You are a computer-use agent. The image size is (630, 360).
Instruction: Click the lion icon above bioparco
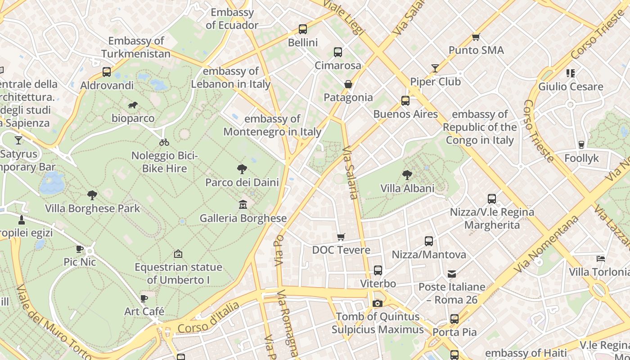(133, 105)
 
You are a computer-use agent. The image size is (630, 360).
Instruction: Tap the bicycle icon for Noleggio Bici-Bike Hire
(164, 142)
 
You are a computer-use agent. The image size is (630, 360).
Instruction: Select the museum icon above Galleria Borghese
(243, 205)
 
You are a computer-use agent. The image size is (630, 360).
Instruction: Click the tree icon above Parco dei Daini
(242, 169)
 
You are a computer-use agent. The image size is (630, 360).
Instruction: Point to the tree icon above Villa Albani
(407, 175)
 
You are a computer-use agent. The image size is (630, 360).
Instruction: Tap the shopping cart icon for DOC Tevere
(341, 237)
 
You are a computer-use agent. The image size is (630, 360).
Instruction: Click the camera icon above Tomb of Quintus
(378, 303)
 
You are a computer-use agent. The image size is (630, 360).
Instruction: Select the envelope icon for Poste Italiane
(452, 274)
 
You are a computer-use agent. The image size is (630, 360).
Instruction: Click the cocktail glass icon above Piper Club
(435, 68)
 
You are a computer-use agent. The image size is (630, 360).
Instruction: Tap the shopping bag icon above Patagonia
(348, 84)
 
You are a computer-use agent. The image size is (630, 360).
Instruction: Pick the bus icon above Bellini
(303, 29)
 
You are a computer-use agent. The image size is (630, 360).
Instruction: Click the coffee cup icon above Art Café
(144, 298)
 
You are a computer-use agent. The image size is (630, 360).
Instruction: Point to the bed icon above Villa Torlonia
(600, 258)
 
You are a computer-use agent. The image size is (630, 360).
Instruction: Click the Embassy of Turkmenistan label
(136, 47)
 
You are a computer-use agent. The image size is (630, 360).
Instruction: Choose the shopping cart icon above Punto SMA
(476, 37)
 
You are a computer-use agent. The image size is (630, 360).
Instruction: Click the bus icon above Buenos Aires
(405, 101)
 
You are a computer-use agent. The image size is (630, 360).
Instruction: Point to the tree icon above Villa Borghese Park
(92, 195)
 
